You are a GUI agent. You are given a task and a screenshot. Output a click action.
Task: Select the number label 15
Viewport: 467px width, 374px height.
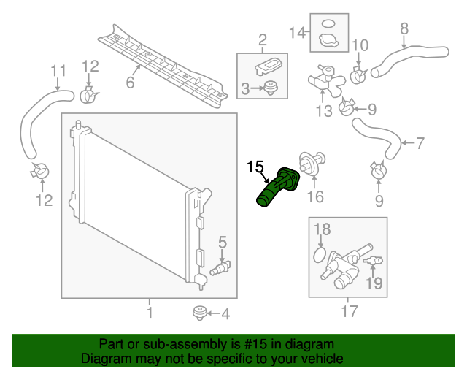tap(255, 167)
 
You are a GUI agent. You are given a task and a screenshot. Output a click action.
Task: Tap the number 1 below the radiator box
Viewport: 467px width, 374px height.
tap(150, 313)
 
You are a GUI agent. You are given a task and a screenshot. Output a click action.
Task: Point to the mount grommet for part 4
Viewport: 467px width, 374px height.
tap(197, 313)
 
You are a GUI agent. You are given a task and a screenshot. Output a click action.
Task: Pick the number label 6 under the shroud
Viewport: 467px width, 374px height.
tap(130, 83)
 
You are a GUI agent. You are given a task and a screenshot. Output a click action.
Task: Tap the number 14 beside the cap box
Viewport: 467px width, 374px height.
tap(296, 32)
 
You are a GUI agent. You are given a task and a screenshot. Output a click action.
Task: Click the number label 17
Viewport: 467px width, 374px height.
tap(350, 313)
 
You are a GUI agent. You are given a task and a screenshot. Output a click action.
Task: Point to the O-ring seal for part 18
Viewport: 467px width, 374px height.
tap(318, 256)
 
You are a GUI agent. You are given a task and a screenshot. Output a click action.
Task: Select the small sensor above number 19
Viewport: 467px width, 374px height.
tap(374, 261)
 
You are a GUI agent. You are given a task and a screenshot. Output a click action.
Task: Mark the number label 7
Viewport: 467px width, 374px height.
tap(420, 143)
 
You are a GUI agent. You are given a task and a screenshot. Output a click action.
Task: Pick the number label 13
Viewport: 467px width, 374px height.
tap(323, 110)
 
